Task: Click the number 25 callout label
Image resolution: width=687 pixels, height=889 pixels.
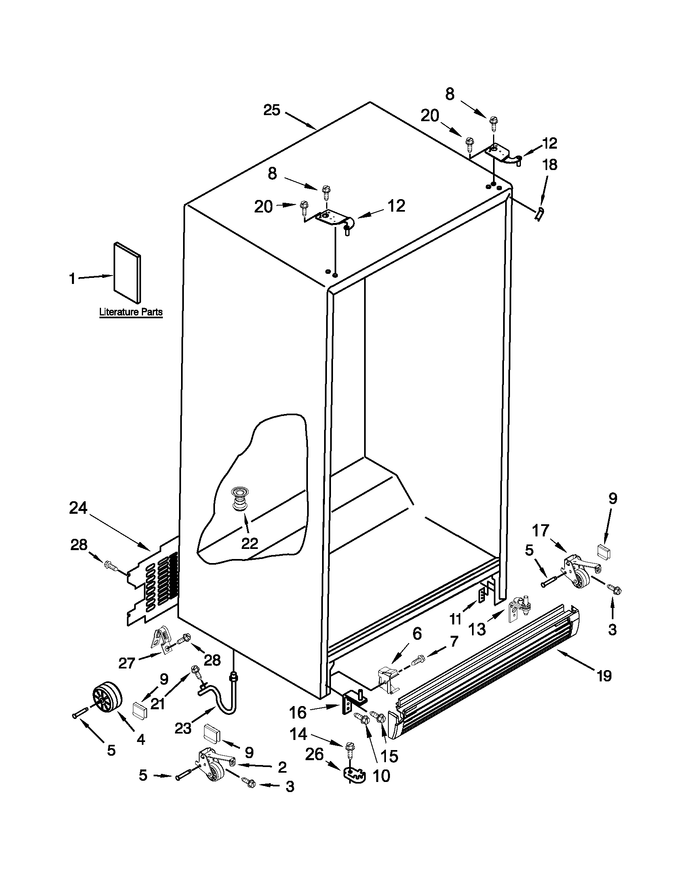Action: point(272,110)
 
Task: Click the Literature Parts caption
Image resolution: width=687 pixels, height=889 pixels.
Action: point(131,312)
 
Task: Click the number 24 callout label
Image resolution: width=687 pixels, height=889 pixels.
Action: point(78,508)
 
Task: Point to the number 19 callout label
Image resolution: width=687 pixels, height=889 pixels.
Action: point(604,676)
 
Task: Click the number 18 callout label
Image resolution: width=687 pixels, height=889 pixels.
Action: point(550,165)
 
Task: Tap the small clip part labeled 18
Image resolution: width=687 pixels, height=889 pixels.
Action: point(539,213)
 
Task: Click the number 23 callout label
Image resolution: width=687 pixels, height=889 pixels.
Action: point(183,728)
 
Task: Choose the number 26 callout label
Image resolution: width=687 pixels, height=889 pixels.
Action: point(314,754)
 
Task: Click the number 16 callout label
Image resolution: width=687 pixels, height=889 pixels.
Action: point(298,712)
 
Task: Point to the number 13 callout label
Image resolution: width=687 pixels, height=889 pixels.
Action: point(477,629)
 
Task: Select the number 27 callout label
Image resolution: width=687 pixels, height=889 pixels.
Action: point(126,664)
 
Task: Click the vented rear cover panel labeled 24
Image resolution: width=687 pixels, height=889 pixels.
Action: point(153,582)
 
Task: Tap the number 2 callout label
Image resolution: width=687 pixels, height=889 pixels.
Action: point(282,767)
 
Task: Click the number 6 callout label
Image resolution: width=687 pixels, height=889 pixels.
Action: point(417,633)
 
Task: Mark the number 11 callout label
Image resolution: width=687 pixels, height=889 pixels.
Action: point(455,619)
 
